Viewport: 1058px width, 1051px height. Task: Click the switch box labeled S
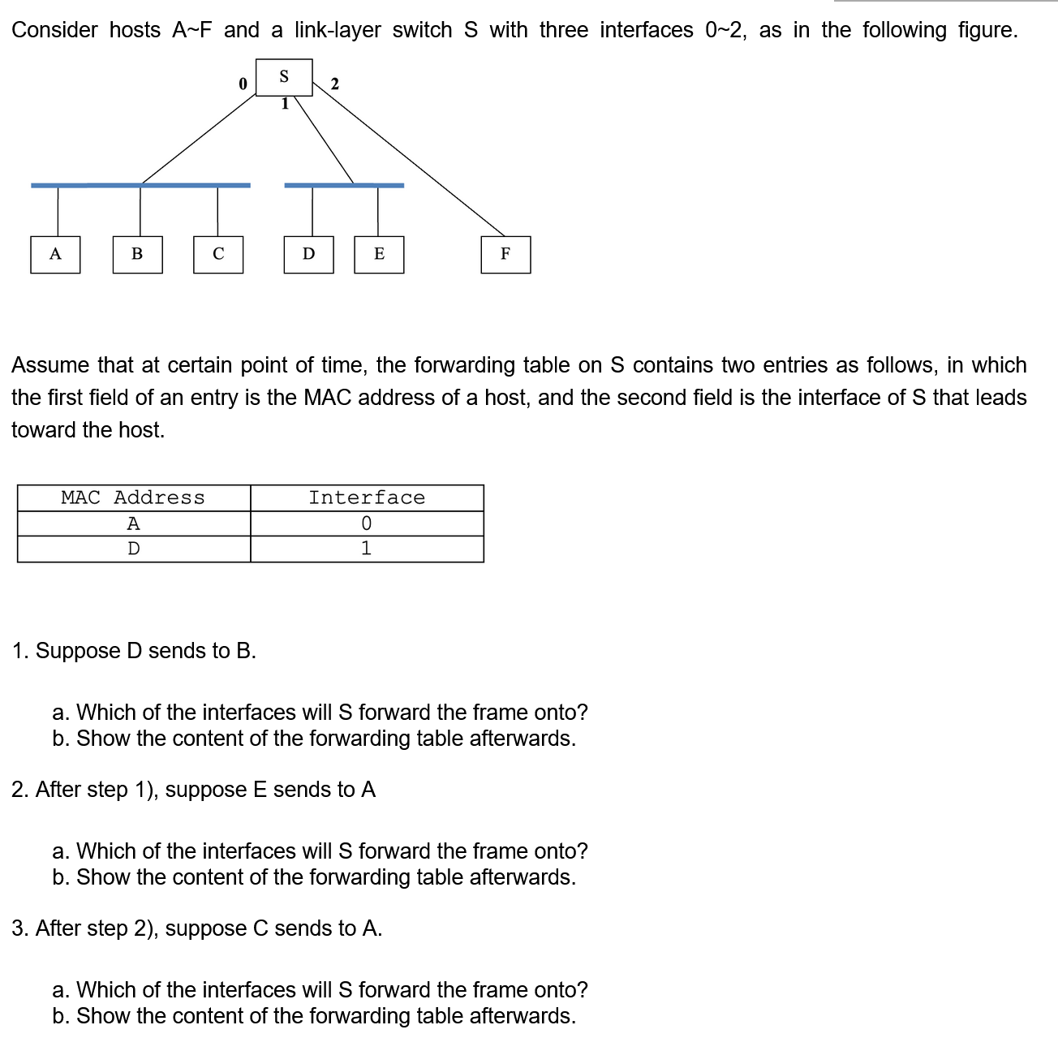point(284,77)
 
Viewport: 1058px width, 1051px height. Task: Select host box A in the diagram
point(55,255)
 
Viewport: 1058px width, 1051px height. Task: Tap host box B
point(137,255)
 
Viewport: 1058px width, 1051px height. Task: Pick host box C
point(218,255)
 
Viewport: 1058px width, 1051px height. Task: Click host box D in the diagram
point(308,255)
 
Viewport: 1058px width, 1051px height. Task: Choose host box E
point(379,255)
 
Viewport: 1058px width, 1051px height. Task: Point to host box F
point(505,255)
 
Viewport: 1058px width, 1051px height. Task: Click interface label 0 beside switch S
point(242,84)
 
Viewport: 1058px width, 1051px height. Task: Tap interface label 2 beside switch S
point(335,84)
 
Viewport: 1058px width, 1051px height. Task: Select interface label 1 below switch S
point(285,104)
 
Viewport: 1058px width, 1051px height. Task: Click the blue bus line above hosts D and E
point(344,185)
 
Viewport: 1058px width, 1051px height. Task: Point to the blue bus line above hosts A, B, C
point(140,185)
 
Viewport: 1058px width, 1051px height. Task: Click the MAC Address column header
point(133,498)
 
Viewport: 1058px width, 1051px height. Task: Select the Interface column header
point(367,498)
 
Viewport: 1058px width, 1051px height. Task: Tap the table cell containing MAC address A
point(134,523)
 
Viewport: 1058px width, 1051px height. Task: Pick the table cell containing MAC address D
point(134,549)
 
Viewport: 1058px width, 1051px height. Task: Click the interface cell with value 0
point(367,523)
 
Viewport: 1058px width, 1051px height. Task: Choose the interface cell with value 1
point(367,549)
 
